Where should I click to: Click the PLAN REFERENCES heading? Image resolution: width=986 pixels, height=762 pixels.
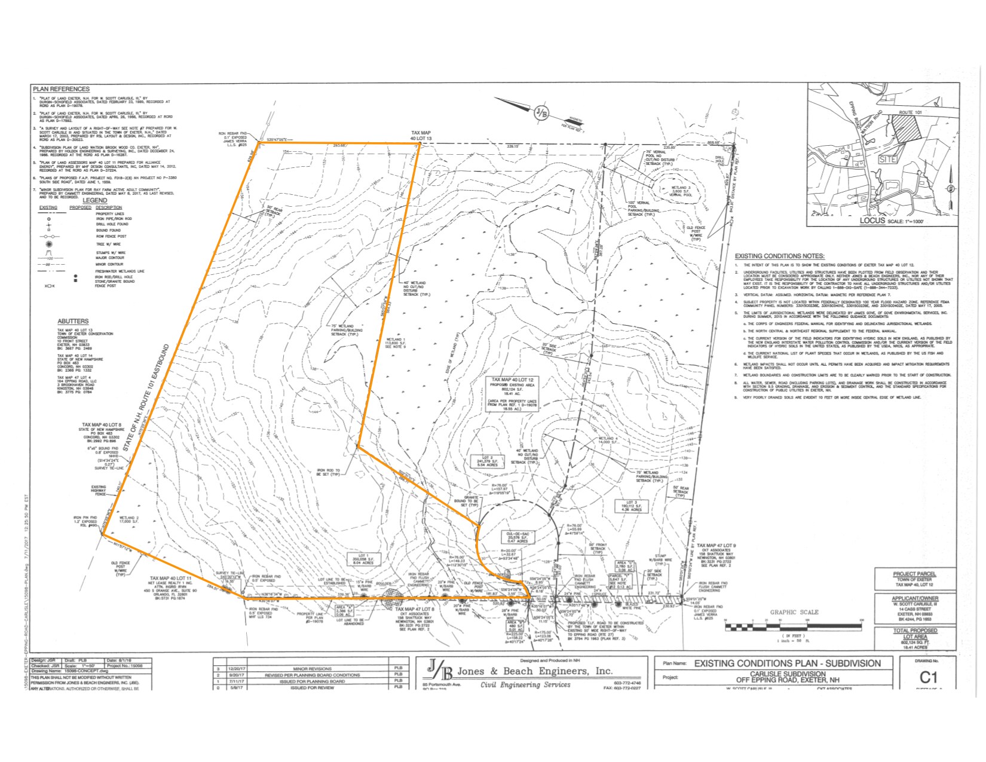click(x=61, y=89)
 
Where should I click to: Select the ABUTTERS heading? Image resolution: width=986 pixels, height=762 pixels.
click(x=73, y=321)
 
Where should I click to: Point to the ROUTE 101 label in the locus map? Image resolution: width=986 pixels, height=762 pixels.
click(x=912, y=112)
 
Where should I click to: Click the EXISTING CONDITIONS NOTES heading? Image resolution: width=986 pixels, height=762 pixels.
click(x=779, y=256)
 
